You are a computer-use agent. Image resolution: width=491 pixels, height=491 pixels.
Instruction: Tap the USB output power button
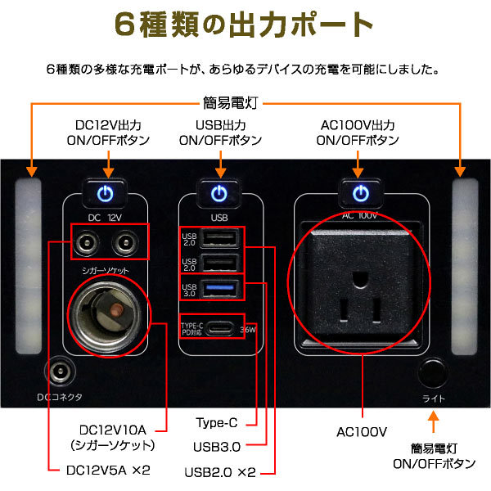[x=219, y=193]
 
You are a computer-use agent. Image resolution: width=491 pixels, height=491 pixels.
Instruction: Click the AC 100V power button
[x=361, y=193]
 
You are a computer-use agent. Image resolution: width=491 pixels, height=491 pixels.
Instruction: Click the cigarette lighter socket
[x=108, y=316]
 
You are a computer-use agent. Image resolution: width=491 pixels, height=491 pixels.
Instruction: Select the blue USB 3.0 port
[x=221, y=287]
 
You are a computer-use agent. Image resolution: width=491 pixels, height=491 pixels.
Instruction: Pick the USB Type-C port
[x=221, y=328]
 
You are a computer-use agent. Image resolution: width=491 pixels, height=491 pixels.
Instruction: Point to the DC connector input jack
[x=60, y=372]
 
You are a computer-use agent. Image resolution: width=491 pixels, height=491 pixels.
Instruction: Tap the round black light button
[x=433, y=373]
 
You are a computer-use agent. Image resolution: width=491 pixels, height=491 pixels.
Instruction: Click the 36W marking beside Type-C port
[x=248, y=330]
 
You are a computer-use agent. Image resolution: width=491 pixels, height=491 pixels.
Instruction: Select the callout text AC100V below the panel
[x=362, y=432]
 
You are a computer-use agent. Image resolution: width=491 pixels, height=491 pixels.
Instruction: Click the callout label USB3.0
[x=217, y=447]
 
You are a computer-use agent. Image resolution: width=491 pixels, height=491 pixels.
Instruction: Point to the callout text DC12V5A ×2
[x=108, y=471]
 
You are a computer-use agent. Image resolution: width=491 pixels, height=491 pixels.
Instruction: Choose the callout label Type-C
[x=217, y=423]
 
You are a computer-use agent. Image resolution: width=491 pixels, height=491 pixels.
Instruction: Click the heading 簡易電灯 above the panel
[x=231, y=103]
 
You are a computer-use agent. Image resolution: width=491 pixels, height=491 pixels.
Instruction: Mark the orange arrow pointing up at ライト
[x=434, y=421]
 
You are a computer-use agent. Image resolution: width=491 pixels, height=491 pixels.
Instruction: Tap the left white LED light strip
[x=29, y=266]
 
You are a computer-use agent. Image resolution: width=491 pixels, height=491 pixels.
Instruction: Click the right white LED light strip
[x=465, y=266]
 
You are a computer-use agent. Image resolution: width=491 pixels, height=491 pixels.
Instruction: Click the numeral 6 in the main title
[x=124, y=24]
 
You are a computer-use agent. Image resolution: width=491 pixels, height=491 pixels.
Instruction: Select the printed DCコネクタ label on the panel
[x=60, y=397]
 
